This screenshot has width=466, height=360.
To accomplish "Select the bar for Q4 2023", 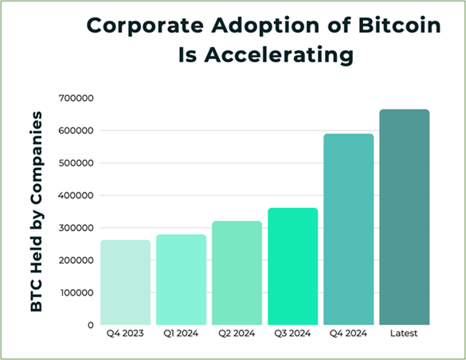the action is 125,283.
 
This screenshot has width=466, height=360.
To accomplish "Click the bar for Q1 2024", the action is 182,280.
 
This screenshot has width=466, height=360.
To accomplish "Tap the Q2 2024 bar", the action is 237,273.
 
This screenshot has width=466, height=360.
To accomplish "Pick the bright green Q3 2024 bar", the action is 292,267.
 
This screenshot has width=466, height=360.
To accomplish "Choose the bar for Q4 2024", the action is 349,229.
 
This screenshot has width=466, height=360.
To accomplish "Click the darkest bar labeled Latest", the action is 405,217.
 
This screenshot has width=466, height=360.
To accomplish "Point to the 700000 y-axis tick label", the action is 76,98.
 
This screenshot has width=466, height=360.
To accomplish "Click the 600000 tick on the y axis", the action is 76,131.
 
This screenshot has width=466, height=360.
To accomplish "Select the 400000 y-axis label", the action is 76,195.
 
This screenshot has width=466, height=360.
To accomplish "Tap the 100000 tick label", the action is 77,293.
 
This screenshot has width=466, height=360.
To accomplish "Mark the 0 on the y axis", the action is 91,325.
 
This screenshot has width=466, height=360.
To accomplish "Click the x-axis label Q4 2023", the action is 125,334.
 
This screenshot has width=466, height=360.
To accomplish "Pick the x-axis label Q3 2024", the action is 292,334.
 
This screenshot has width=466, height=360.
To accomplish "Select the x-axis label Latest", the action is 404,334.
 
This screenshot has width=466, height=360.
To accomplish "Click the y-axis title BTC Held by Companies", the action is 37,212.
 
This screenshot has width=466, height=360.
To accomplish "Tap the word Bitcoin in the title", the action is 399,25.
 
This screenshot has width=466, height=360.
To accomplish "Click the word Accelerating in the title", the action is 279,55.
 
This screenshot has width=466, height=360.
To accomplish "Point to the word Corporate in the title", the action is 145,25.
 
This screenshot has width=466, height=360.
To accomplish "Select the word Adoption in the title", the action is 265,25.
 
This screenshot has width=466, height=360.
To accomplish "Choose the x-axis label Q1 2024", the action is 181,334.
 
